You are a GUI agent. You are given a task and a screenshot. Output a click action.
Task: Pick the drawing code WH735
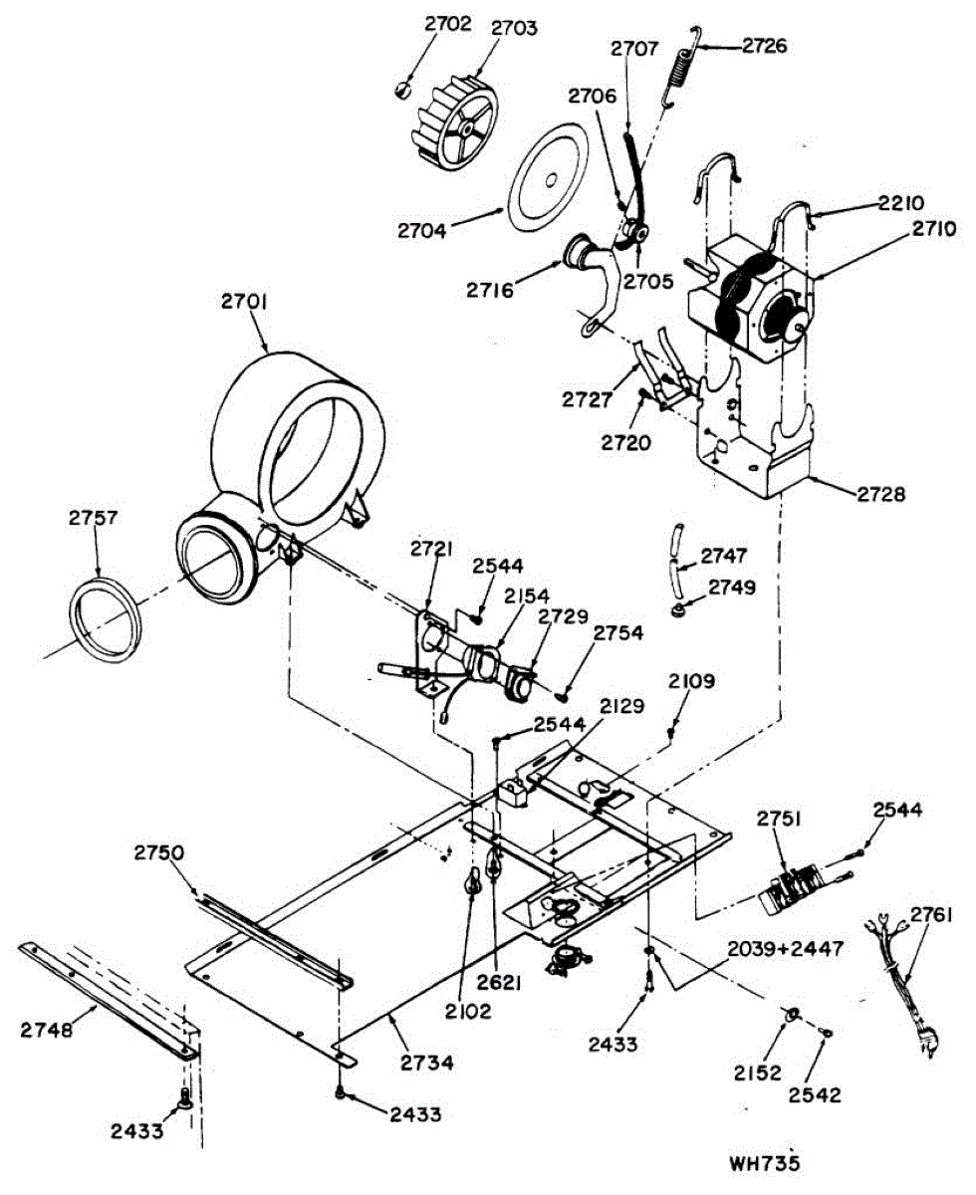[765, 1162]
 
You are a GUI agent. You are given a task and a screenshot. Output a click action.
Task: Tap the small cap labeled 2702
[401, 90]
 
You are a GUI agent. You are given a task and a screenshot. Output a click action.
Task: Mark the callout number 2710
[931, 230]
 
